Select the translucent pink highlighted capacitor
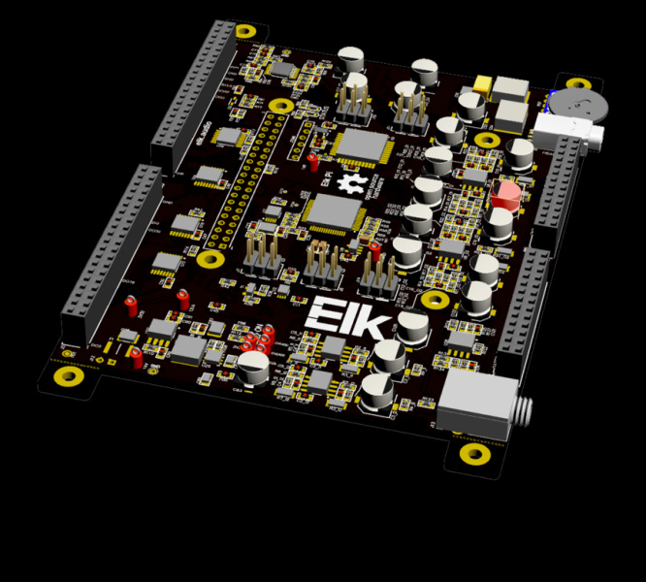pyautogui.click(x=504, y=193)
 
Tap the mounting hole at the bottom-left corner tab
pyautogui.click(x=68, y=376)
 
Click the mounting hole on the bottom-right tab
pyautogui.click(x=472, y=453)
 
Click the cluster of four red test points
pyautogui.click(x=258, y=341)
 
